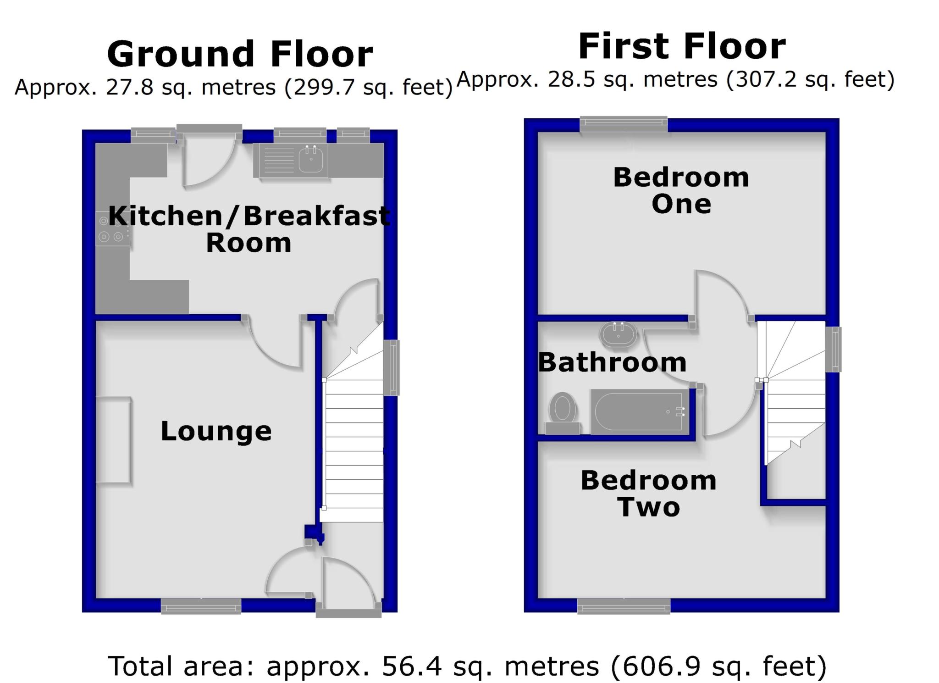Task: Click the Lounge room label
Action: [x=216, y=431]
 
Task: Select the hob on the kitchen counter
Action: [x=112, y=229]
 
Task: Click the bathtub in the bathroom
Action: [x=640, y=411]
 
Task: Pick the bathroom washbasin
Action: [x=618, y=333]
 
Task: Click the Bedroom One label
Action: [x=681, y=190]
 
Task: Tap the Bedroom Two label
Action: [x=648, y=494]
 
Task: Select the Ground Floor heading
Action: [x=240, y=54]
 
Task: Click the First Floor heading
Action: [x=682, y=46]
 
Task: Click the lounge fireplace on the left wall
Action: [x=113, y=439]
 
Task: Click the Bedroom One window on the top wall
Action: [x=624, y=123]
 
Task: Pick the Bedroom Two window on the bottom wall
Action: [x=624, y=606]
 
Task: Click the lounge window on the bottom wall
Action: [x=201, y=605]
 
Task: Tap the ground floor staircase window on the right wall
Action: [x=391, y=367]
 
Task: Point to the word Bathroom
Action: [x=612, y=362]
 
